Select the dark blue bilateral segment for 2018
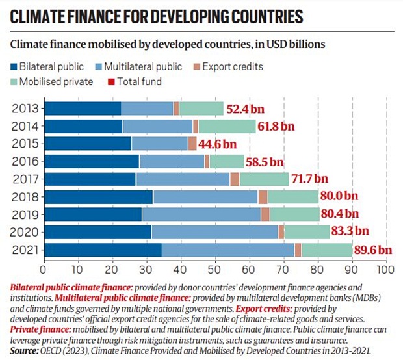click(98, 197)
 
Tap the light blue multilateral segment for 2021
click(227, 250)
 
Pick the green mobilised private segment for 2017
click(264, 179)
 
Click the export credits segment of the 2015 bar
click(192, 144)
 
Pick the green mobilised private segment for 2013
click(201, 109)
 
